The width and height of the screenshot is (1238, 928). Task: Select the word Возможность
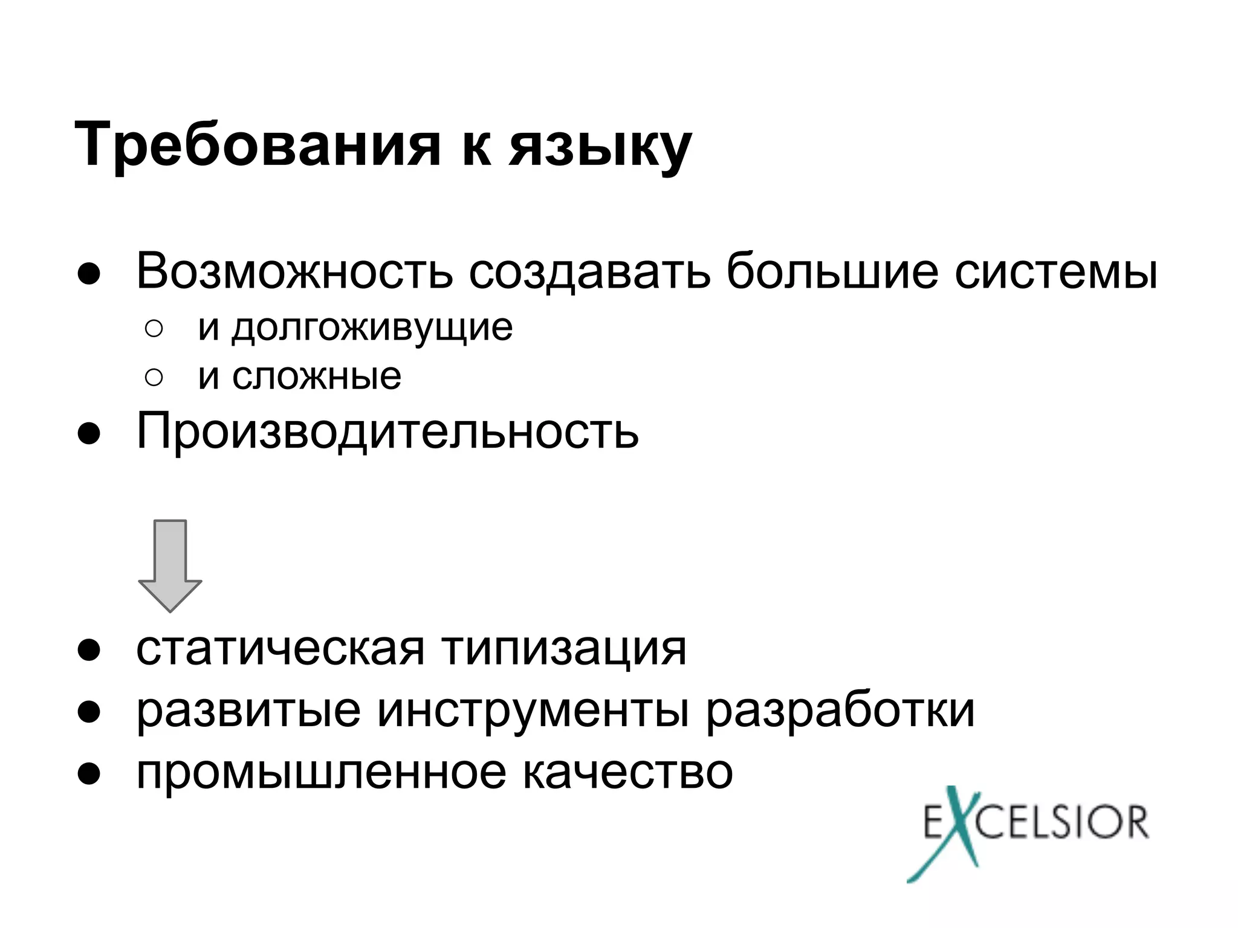(x=294, y=271)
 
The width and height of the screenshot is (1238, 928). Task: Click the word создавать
(x=589, y=271)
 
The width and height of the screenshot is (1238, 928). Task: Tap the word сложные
(x=317, y=377)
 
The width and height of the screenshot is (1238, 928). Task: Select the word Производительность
(x=387, y=431)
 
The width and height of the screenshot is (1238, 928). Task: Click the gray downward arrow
(x=170, y=565)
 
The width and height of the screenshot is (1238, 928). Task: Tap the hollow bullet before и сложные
(x=154, y=378)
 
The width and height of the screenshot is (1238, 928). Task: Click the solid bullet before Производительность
(x=88, y=433)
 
